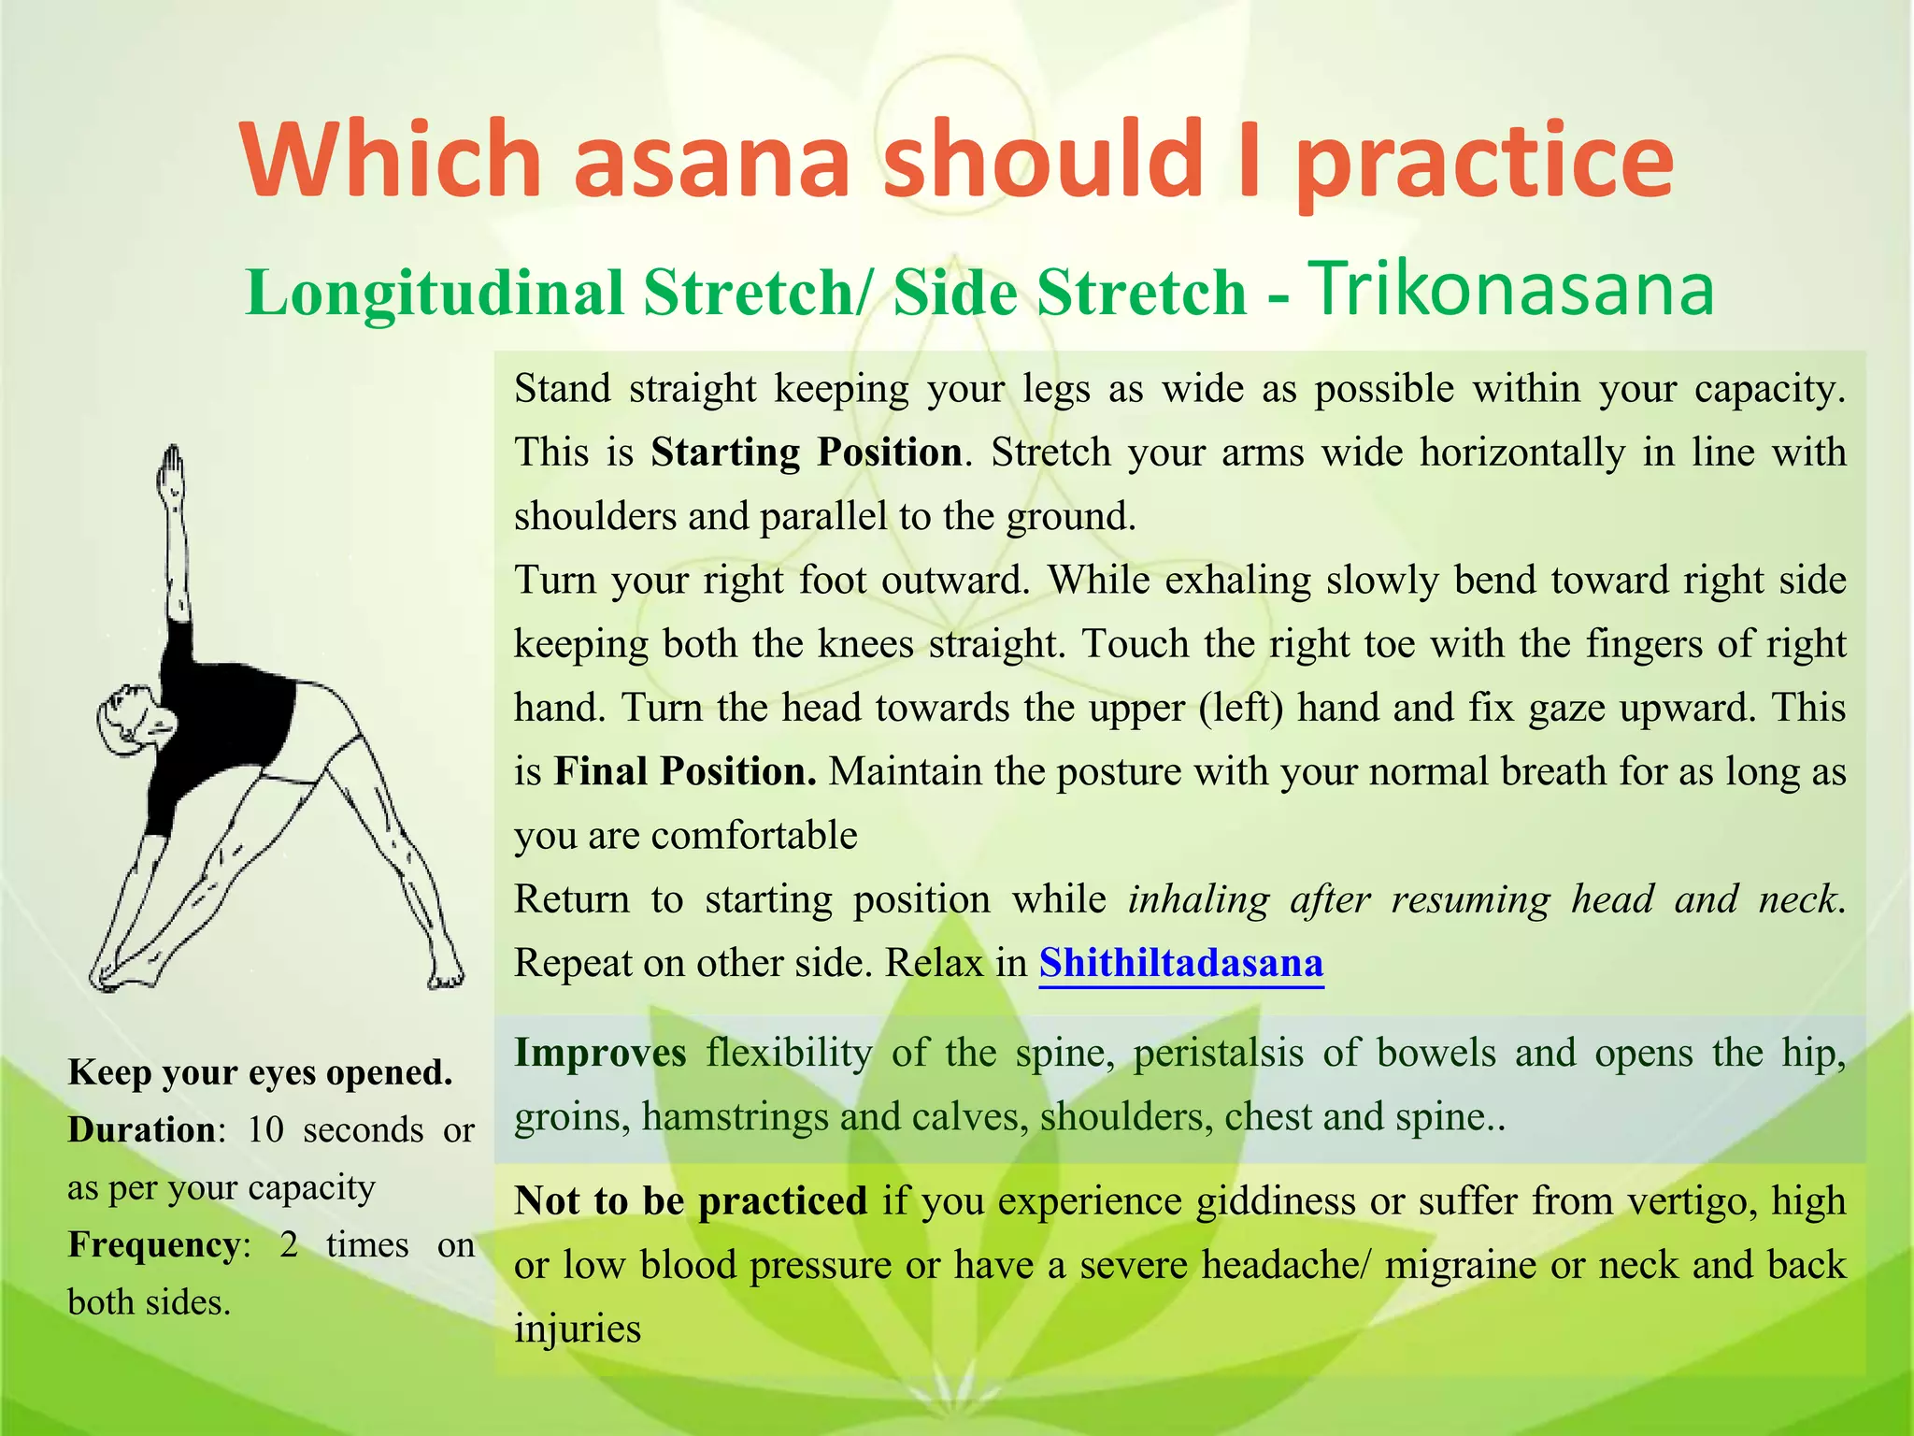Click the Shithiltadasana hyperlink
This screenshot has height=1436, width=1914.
click(x=1181, y=962)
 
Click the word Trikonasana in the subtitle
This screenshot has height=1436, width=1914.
click(x=1513, y=288)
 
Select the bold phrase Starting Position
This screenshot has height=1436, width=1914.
click(x=807, y=452)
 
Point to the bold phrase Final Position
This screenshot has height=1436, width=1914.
click(x=684, y=771)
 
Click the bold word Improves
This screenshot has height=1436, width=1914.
click(x=600, y=1053)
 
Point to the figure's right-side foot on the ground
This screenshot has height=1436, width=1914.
click(x=447, y=974)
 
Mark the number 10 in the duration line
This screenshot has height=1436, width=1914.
click(x=265, y=1130)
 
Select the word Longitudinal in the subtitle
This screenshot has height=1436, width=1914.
click(x=434, y=293)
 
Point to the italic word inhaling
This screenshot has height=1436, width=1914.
click(x=1198, y=899)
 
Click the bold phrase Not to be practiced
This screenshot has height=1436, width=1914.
click(x=691, y=1201)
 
